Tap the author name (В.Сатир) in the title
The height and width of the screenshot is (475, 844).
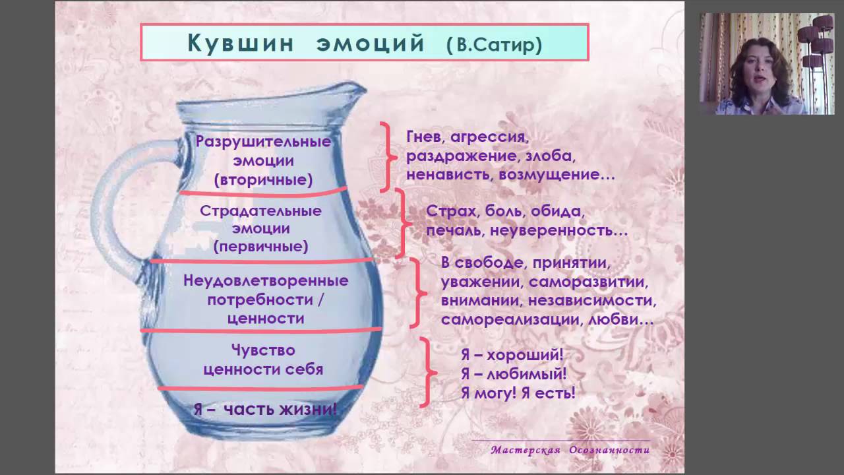(494, 44)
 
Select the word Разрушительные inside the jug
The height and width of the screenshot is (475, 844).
(263, 142)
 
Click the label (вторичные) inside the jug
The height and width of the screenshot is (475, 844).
(263, 179)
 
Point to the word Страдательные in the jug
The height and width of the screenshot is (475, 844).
(260, 211)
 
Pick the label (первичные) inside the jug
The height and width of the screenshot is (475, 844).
(260, 247)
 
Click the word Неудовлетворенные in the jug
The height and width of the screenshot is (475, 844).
(266, 280)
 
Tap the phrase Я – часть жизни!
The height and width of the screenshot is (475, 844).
(265, 409)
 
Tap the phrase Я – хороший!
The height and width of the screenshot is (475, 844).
(512, 356)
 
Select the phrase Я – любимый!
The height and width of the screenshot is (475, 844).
(514, 374)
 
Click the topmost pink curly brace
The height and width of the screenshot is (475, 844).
(388, 157)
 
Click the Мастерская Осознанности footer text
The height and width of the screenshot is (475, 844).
(570, 450)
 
